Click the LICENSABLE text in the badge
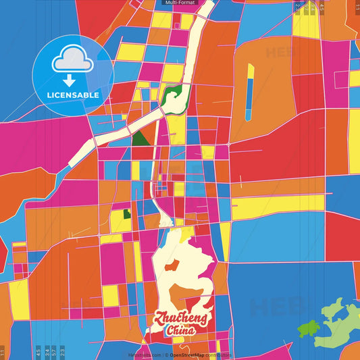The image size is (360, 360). click(73, 95)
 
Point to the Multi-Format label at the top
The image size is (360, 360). click(180, 3)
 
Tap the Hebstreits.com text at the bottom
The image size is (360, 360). click(145, 354)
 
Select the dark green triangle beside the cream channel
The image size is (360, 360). click(140, 138)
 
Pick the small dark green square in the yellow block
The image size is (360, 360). click(126, 215)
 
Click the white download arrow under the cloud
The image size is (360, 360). click(73, 82)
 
